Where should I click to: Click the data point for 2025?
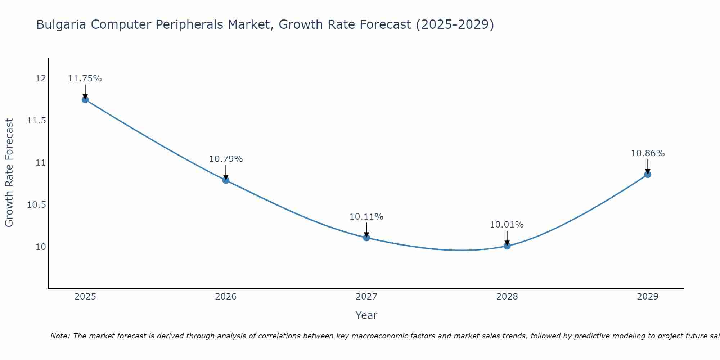coord(85,100)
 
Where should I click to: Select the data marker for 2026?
coord(226,180)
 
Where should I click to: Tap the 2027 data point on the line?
coord(366,238)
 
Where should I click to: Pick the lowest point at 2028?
coord(507,246)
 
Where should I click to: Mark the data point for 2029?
coord(648,175)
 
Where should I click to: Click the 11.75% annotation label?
coord(85,78)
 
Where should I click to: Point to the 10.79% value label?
coord(226,159)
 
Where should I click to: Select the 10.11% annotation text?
coord(366,217)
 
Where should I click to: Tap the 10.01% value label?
coord(507,225)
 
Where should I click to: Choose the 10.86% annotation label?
coord(648,153)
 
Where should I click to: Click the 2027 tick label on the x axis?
coord(366,297)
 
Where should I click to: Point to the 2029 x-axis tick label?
coord(648,297)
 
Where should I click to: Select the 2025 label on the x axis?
coord(85,297)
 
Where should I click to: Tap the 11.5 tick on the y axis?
coord(37,121)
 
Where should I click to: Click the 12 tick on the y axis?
coord(41,78)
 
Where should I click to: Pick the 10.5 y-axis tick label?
coord(37,205)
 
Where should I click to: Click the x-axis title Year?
coord(366,315)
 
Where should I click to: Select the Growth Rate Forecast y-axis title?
coord(9,173)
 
